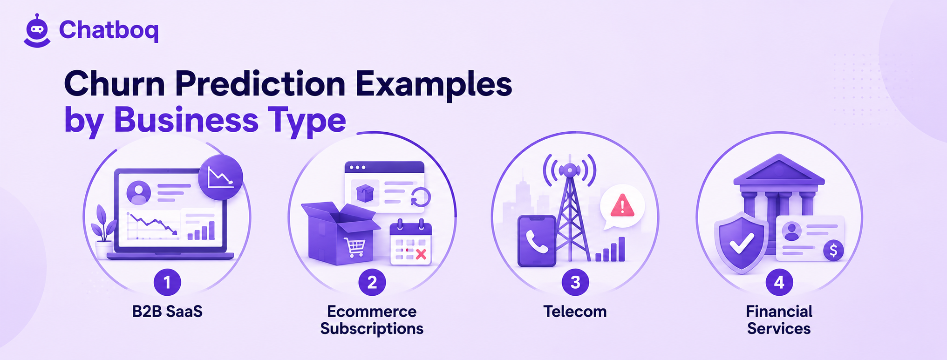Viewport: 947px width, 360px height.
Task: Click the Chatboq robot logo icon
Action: (x=37, y=31)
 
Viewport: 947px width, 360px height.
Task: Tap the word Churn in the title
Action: (x=115, y=84)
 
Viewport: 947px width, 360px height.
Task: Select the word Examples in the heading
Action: (x=434, y=86)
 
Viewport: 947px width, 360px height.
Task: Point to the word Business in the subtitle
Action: (x=186, y=120)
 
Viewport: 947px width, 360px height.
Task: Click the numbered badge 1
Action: (x=167, y=282)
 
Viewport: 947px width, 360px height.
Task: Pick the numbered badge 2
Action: (x=372, y=282)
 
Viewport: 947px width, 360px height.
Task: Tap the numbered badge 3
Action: (x=575, y=282)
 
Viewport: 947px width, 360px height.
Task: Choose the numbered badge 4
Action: (x=779, y=282)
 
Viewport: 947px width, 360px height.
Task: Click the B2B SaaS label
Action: (x=167, y=311)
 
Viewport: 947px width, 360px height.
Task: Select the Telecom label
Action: (x=575, y=311)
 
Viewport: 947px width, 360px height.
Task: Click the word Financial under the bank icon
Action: (x=779, y=311)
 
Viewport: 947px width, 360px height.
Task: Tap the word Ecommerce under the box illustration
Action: (x=372, y=311)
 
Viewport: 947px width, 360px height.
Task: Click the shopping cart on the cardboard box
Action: (x=355, y=247)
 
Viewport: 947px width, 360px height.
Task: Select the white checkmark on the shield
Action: (x=742, y=243)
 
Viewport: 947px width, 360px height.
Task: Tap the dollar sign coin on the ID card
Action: (x=833, y=251)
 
